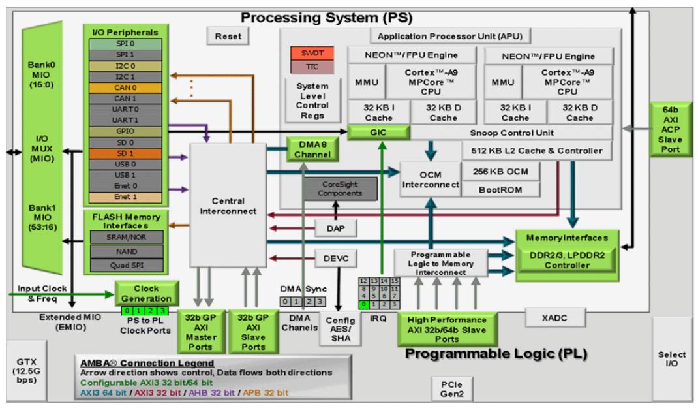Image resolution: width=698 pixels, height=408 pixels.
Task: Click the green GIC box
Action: click(378, 132)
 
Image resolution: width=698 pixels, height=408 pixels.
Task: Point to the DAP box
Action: click(333, 228)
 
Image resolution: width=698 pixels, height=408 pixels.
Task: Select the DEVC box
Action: click(333, 259)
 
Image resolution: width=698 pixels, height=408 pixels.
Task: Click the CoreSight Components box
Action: click(333, 189)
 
